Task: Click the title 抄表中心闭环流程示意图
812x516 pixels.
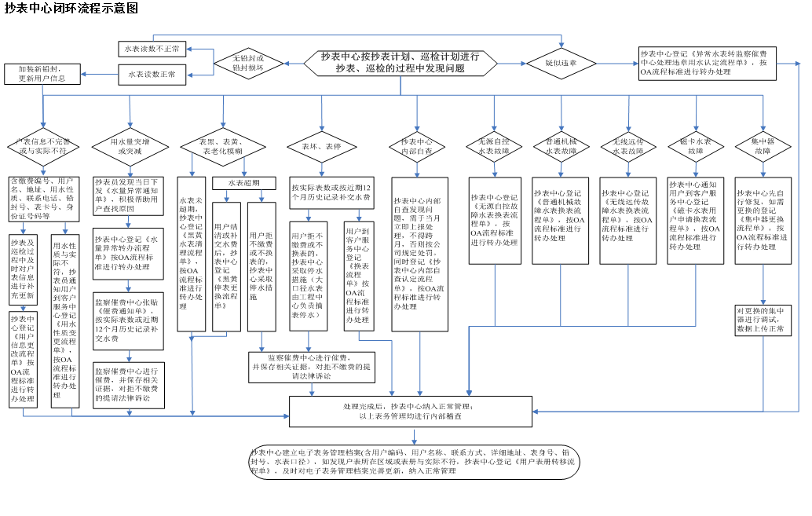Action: pyautogui.click(x=71, y=9)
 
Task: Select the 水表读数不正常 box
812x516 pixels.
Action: pyautogui.click(x=152, y=49)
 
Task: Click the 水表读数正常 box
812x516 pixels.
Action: pyautogui.click(x=152, y=75)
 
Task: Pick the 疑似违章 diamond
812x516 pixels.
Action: pyautogui.click(x=561, y=63)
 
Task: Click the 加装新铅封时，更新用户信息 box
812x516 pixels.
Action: pyautogui.click(x=42, y=74)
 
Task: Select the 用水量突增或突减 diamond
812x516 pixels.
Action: pyautogui.click(x=130, y=145)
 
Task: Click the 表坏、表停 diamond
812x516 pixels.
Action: pyautogui.click(x=321, y=146)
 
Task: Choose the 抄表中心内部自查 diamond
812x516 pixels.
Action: pyautogui.click(x=422, y=146)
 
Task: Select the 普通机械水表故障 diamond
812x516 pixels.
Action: pyautogui.click(x=561, y=146)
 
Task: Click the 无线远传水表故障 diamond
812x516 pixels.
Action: pyautogui.click(x=628, y=146)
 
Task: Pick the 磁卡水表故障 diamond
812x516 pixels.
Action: pyautogui.click(x=696, y=146)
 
